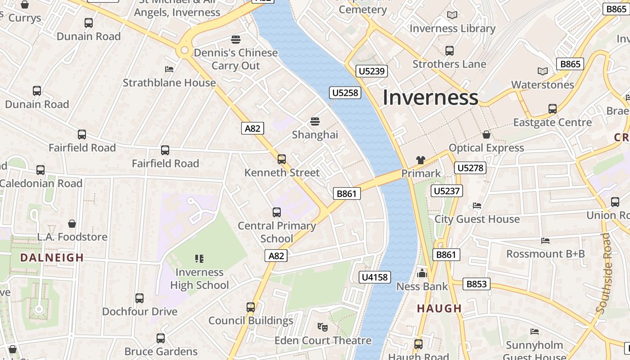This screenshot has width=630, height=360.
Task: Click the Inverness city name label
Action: (x=430, y=98)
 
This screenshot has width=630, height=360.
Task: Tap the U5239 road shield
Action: (x=372, y=71)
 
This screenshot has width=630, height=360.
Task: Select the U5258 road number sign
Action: (x=345, y=93)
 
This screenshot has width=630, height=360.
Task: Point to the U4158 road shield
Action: (x=375, y=277)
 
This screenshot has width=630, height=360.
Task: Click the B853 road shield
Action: (x=477, y=284)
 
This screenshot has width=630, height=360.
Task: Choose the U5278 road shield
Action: (x=470, y=168)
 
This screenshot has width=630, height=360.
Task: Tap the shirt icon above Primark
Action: (x=421, y=160)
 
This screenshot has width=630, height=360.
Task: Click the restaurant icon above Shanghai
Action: (x=315, y=121)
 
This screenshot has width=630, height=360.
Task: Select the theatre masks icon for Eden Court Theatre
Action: (x=322, y=327)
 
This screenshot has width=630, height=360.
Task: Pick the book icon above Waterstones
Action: (x=543, y=71)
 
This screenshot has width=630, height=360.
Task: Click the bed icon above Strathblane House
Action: (x=169, y=69)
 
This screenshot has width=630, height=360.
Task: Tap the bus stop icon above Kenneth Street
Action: (x=282, y=159)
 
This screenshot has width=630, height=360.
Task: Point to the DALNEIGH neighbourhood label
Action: (x=52, y=258)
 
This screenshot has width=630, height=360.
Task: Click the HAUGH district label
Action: (x=439, y=309)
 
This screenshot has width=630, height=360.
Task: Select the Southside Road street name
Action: (x=604, y=274)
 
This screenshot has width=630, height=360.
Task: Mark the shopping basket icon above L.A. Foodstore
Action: (x=72, y=224)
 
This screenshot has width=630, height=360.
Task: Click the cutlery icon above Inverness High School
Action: (x=199, y=258)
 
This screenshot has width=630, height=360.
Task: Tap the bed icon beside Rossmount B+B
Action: (x=545, y=241)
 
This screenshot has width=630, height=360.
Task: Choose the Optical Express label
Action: (x=486, y=148)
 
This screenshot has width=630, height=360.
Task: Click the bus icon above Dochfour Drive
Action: (x=139, y=298)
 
